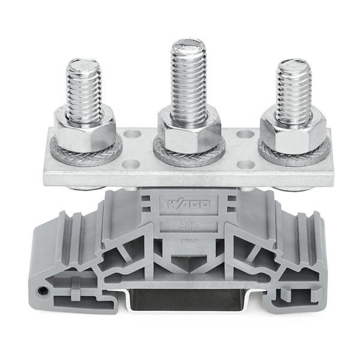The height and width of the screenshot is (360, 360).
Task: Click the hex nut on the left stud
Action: point(85,128)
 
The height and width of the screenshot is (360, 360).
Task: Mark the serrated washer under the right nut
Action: point(294,157)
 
